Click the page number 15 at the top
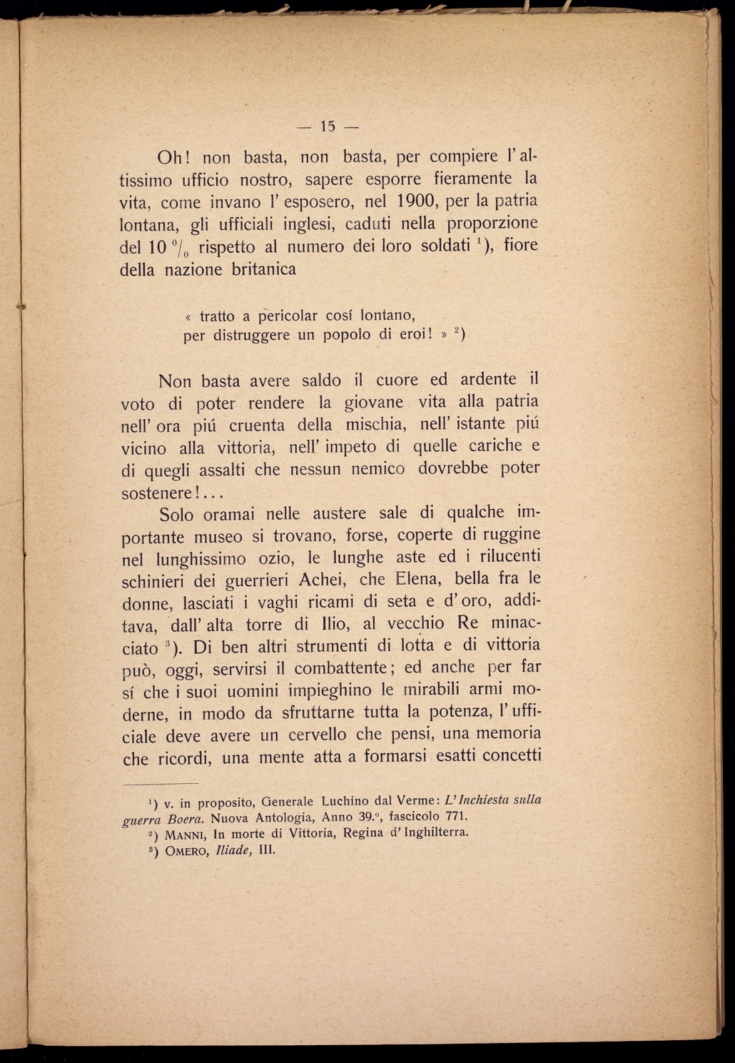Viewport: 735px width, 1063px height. pyautogui.click(x=328, y=127)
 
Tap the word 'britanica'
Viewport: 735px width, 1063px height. pyautogui.click(x=263, y=270)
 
